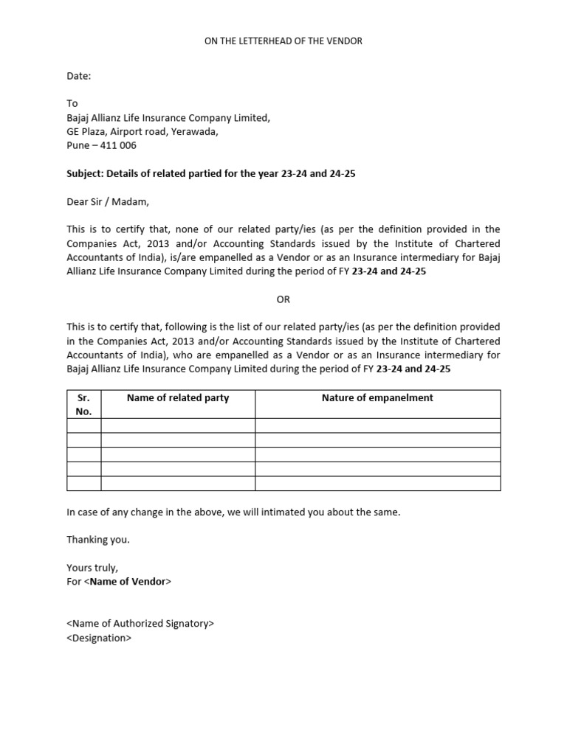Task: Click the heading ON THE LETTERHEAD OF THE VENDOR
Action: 283,41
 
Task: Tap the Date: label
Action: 78,76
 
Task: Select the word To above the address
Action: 72,104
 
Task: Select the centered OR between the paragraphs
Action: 283,299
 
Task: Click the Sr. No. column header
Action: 84,404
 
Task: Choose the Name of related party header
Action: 178,398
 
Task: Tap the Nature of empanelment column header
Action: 377,398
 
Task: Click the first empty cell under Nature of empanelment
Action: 377,425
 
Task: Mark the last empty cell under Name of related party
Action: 178,484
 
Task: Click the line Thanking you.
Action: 98,540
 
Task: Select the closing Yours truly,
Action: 92,568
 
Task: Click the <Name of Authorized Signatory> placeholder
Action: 140,624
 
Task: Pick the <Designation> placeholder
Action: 99,638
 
